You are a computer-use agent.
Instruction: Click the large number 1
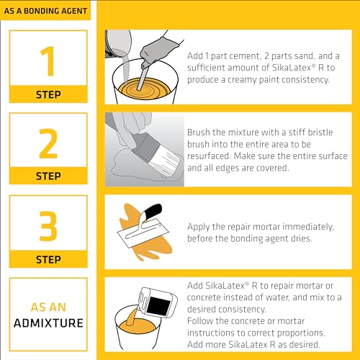(48, 62)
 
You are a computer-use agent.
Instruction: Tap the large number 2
(48, 144)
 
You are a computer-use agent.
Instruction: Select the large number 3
(48, 225)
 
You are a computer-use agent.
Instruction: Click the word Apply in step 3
(199, 226)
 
